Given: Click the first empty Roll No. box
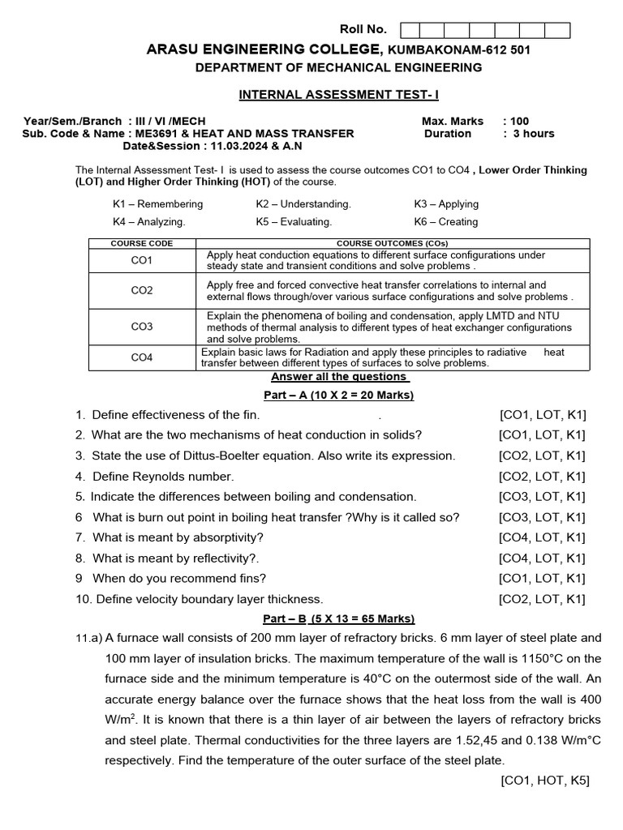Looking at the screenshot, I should (410, 31).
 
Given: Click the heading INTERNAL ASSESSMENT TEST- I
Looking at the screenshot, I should (338, 95).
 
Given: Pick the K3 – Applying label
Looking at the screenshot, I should (446, 204).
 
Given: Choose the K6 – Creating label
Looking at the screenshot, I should (445, 222).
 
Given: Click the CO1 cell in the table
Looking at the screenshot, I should (142, 261).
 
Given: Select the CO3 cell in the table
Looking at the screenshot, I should (142, 327).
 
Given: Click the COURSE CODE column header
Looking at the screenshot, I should (142, 243).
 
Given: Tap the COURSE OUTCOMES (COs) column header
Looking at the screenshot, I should (393, 243).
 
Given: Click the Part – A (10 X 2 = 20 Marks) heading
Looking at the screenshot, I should (338, 396).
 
